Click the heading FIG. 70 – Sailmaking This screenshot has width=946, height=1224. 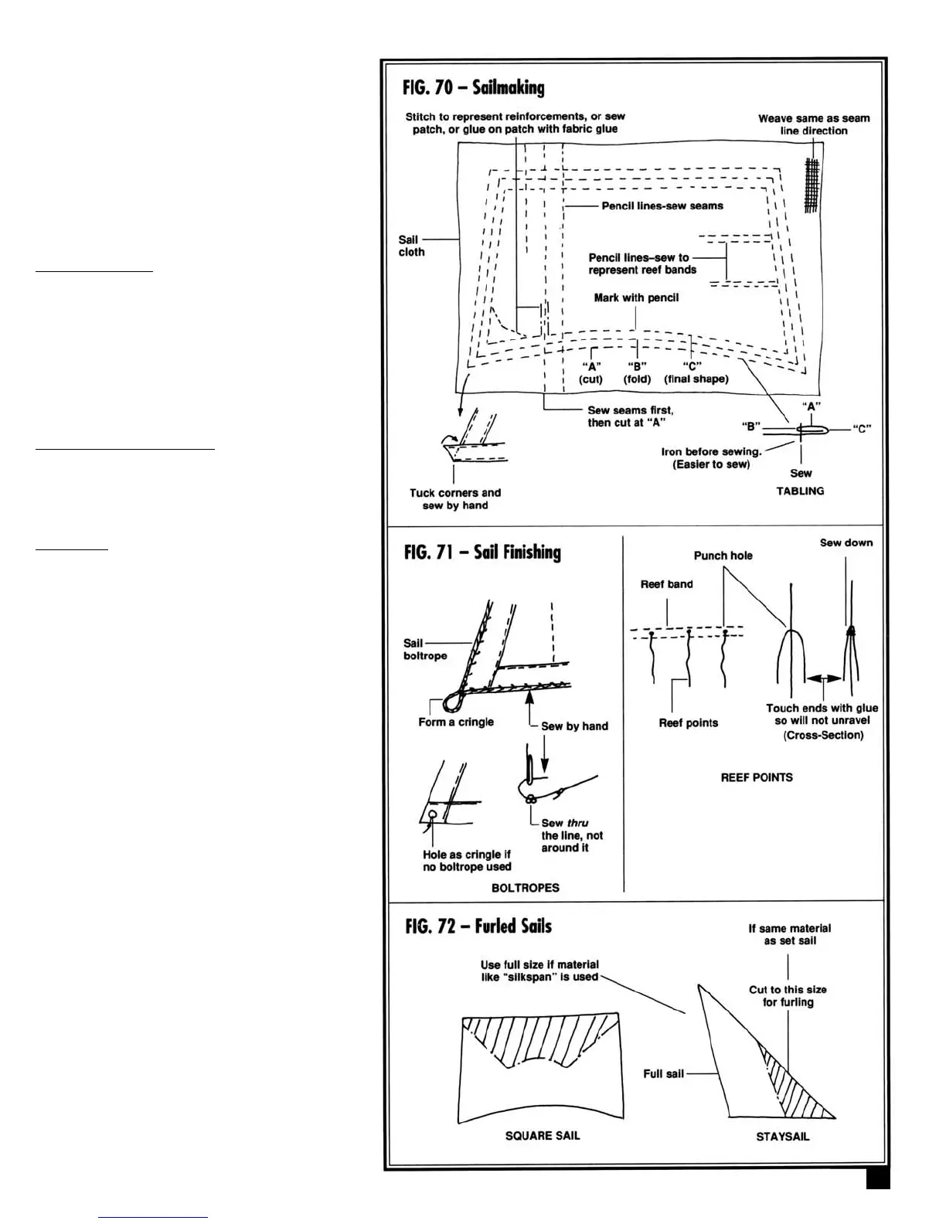pos(474,88)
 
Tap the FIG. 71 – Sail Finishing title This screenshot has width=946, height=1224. pos(482,552)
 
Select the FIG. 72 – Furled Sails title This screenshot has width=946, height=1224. pos(478,926)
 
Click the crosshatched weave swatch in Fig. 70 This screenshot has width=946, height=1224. pos(811,185)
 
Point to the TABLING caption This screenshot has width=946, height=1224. pos(800,491)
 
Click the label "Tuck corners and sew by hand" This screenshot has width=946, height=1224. pos(455,499)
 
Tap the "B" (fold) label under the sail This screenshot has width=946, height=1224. pos(637,372)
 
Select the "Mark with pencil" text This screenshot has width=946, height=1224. pos(636,297)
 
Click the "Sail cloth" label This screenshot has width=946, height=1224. pos(411,246)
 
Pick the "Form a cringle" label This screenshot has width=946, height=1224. pos(455,722)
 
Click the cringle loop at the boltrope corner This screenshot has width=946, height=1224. pos(452,702)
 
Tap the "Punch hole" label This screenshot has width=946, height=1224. pos(723,556)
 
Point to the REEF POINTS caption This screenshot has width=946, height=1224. pos(756,777)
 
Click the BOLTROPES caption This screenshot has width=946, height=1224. pos(525,888)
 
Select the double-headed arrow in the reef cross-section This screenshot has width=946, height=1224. pos(825,678)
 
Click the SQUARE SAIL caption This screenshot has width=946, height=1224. pos(542,1135)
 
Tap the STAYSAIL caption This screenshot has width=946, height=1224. pos(782,1137)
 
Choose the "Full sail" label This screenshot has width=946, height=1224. pos(663,1073)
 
